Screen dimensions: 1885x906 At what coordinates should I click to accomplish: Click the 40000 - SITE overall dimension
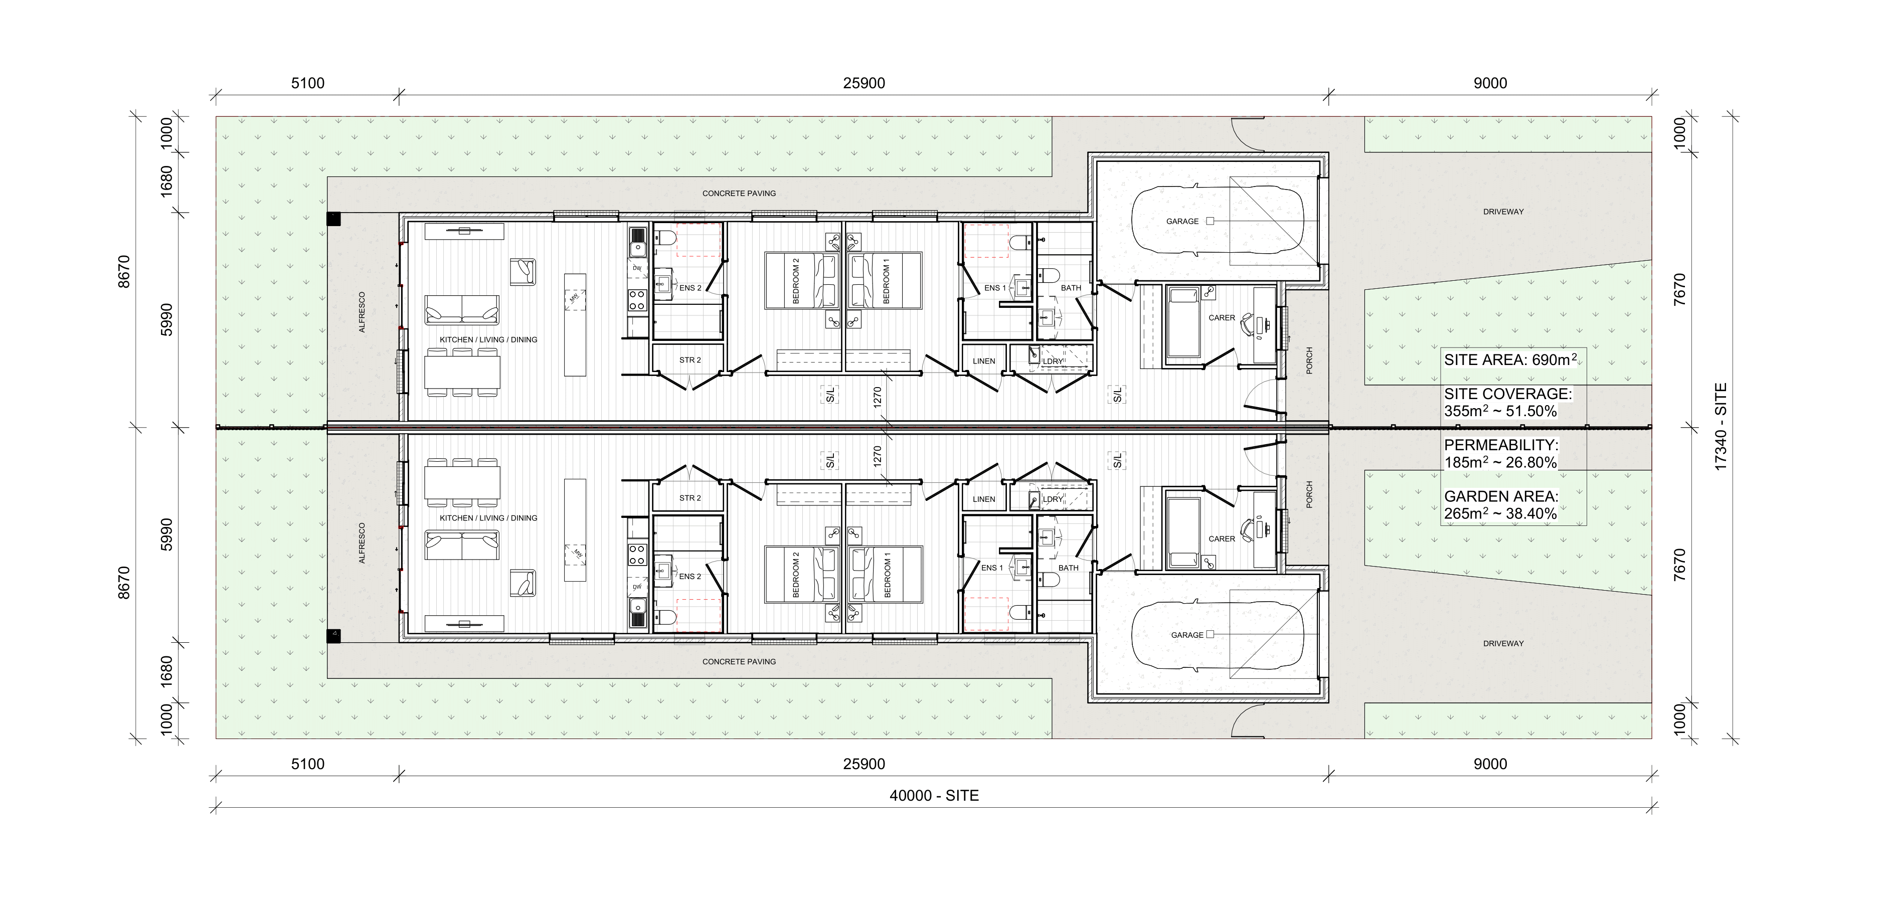934,796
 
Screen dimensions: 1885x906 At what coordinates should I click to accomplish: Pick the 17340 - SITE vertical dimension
1721,427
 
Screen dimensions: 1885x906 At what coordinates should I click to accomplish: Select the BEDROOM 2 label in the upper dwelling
796,281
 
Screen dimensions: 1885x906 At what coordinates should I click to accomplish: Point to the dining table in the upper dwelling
462,371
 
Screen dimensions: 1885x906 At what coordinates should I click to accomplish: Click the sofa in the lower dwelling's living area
462,545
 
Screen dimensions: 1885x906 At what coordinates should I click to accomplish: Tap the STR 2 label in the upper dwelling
690,360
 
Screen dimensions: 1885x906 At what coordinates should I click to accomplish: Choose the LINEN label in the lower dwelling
984,499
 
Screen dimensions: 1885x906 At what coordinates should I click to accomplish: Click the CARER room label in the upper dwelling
1222,317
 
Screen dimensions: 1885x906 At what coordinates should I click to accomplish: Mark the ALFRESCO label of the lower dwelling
362,542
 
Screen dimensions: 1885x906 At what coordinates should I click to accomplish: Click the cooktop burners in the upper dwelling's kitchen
637,299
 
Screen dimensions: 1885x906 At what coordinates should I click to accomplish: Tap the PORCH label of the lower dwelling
1309,494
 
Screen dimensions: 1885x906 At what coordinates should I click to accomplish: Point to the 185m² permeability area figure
1464,462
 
